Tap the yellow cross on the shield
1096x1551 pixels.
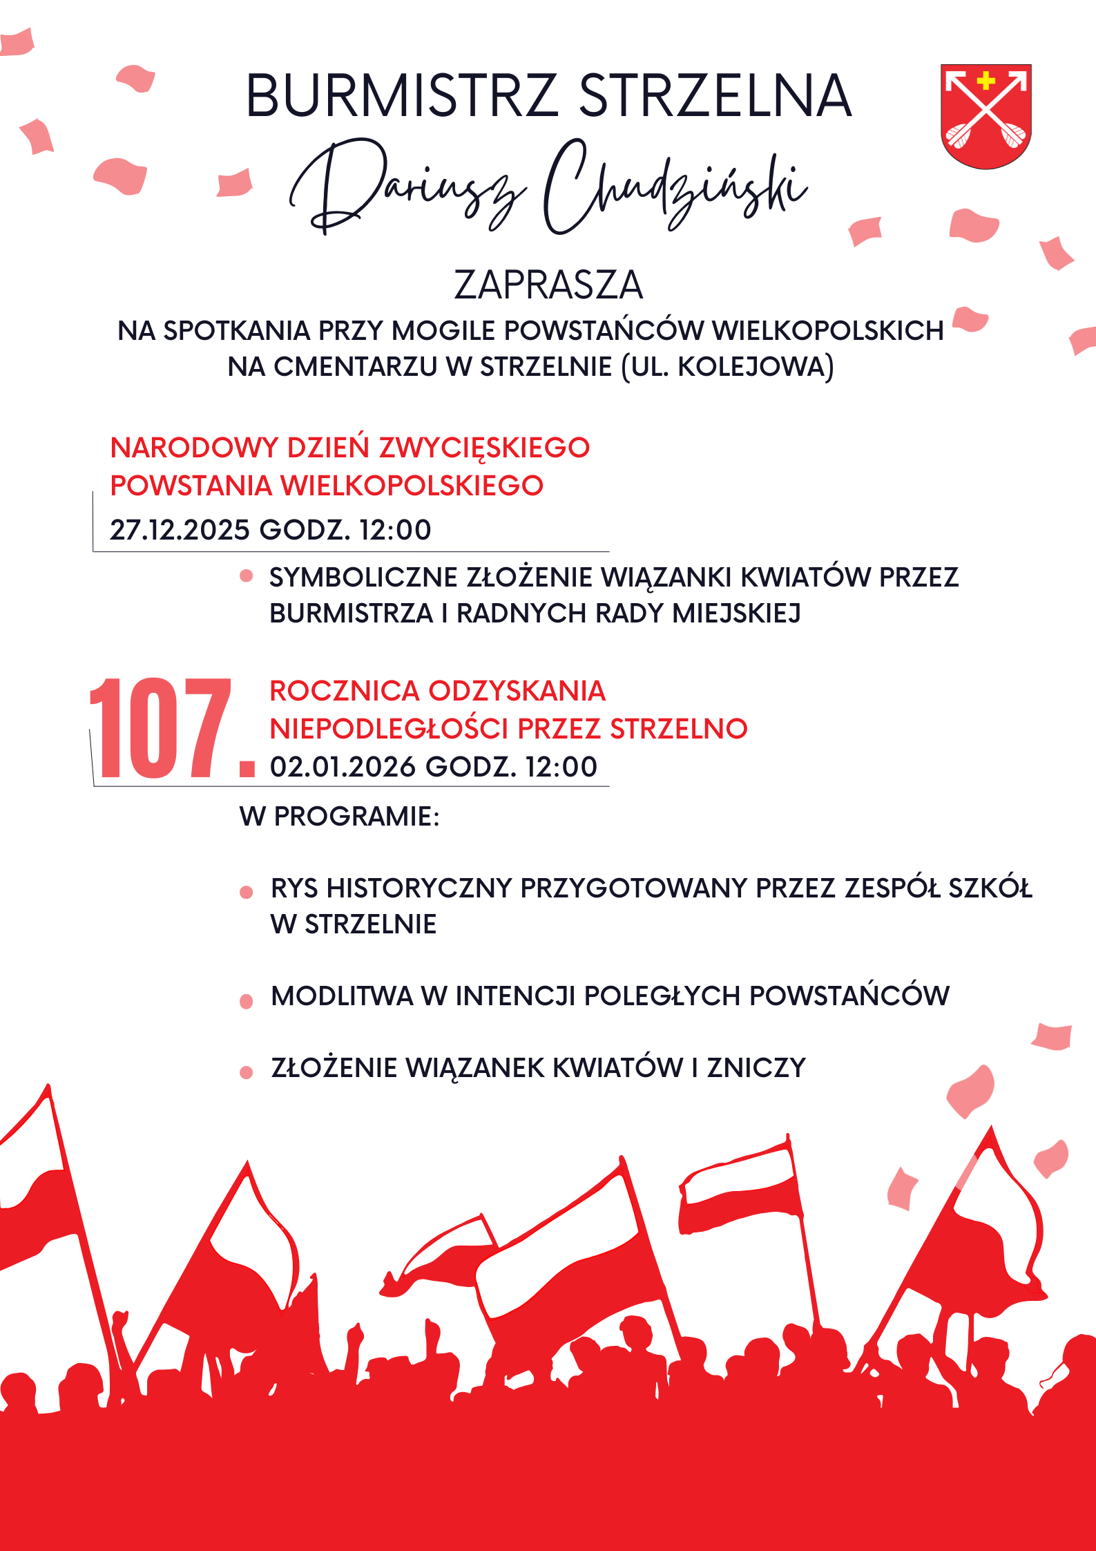pyautogui.click(x=986, y=81)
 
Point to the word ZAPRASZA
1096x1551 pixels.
pyautogui.click(x=548, y=285)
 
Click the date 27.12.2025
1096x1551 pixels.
pyautogui.click(x=180, y=530)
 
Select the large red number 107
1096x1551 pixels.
pyautogui.click(x=160, y=728)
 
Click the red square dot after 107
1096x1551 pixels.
pyautogui.click(x=247, y=769)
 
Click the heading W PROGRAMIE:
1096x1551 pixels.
pyautogui.click(x=339, y=817)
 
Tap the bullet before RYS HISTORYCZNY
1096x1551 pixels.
pyautogui.click(x=246, y=892)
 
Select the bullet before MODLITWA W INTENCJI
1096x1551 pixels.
pyautogui.click(x=246, y=1001)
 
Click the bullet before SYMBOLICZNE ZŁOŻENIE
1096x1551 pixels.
pyautogui.click(x=246, y=576)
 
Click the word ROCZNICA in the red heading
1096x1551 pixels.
pyautogui.click(x=344, y=691)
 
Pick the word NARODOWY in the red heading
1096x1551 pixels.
pyautogui.click(x=193, y=448)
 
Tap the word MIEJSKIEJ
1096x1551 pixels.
pyautogui.click(x=736, y=613)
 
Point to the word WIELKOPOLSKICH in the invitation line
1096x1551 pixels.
pyautogui.click(x=827, y=331)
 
